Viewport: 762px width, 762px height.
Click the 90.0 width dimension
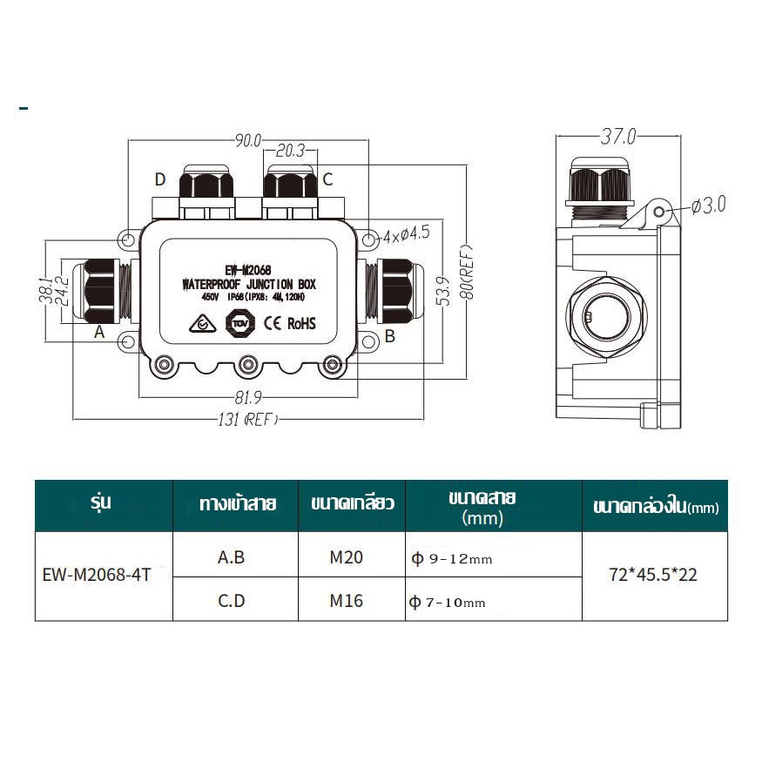[248, 140]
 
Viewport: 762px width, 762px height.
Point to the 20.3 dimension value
[290, 151]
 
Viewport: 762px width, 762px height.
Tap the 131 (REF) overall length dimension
[248, 419]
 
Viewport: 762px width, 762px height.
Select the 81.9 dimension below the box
[248, 397]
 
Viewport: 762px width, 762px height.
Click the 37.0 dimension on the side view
[618, 137]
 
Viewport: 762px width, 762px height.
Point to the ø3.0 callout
[709, 205]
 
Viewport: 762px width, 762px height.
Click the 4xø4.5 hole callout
[407, 235]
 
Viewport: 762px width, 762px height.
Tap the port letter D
[160, 179]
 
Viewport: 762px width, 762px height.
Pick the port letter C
[327, 179]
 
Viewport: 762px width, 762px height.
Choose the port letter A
[99, 332]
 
